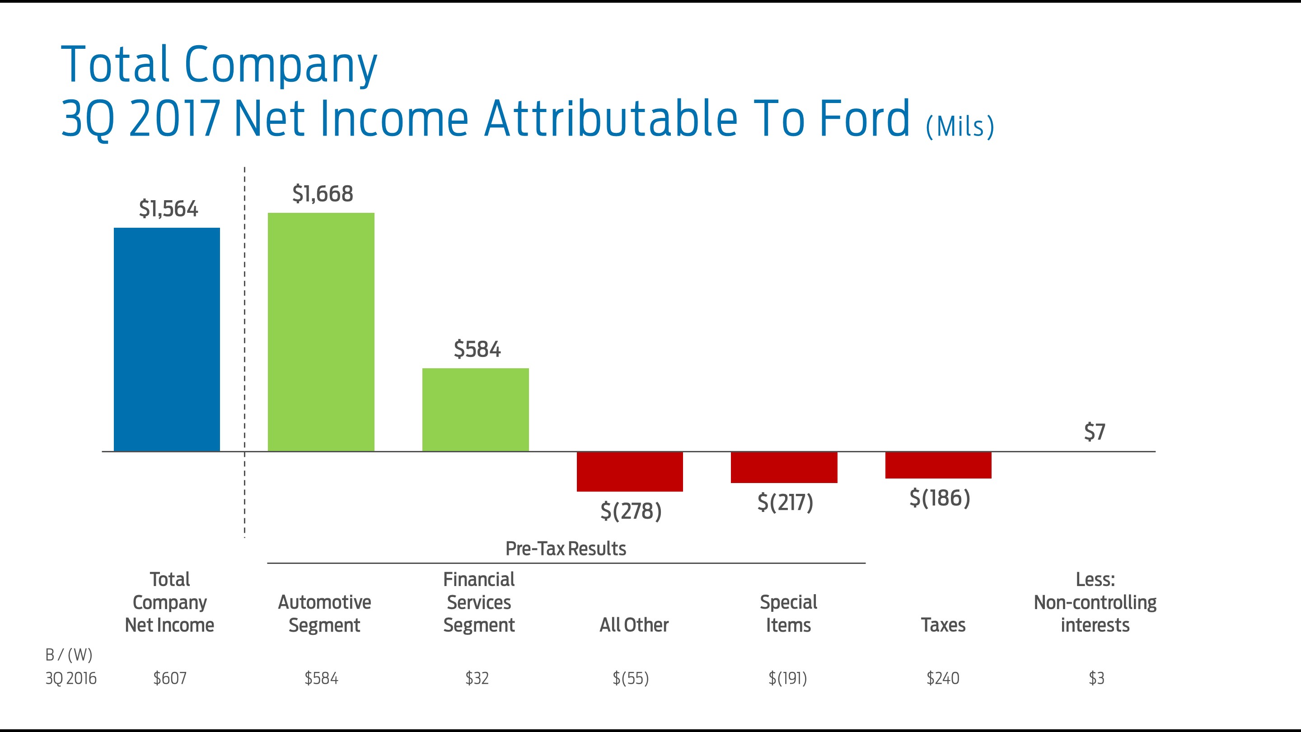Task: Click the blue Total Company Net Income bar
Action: point(167,339)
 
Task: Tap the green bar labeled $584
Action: point(475,409)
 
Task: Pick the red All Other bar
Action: point(630,471)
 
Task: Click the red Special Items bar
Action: point(784,467)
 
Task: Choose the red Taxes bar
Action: point(938,465)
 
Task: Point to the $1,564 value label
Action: point(168,209)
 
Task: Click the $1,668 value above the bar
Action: point(323,194)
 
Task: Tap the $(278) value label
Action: point(631,511)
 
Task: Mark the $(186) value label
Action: point(940,498)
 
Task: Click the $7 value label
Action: point(1095,432)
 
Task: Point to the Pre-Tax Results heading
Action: point(566,549)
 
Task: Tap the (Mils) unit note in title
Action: point(960,127)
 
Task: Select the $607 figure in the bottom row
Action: point(170,678)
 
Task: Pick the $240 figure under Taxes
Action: point(942,678)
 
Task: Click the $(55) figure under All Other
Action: point(631,678)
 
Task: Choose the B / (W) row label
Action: point(69,655)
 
